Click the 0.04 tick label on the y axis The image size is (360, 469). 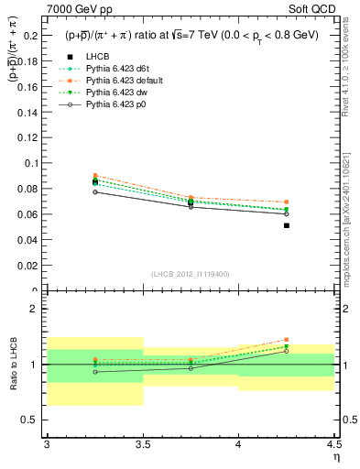click(30, 240)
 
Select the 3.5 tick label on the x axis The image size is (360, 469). click(143, 443)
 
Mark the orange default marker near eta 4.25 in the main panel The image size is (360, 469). click(287, 202)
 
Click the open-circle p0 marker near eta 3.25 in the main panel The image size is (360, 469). click(95, 192)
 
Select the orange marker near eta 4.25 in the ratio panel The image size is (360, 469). click(287, 340)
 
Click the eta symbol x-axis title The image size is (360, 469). click(335, 456)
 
